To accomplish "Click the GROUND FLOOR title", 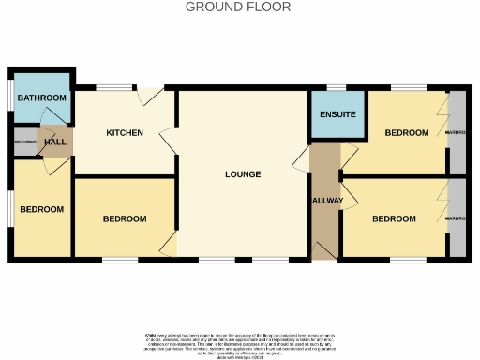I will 238,7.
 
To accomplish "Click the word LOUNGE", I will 243,174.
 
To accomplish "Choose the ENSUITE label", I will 337,114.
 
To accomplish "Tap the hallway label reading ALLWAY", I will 326,202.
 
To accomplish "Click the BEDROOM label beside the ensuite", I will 406,133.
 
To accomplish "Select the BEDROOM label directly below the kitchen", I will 124,218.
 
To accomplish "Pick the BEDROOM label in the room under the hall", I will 42,209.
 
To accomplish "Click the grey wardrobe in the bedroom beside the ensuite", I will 457,133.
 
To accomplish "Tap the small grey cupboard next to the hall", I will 23,142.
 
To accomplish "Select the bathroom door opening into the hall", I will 53,127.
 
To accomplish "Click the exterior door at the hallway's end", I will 325,248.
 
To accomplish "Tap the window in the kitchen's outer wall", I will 112,88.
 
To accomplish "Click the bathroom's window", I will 10,98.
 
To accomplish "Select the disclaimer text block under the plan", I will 238,344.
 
